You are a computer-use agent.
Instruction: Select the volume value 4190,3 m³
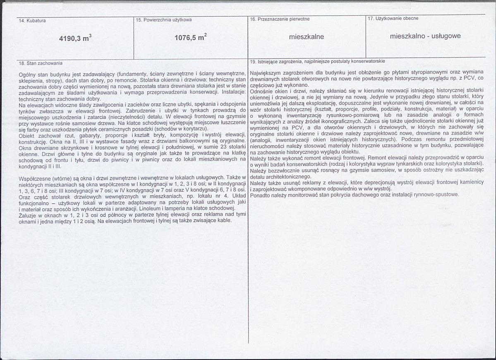click(75, 38)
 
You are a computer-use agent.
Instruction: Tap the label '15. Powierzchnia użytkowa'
click(164, 20)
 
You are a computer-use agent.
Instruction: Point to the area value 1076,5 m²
click(190, 37)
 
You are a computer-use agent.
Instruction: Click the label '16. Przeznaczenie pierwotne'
click(280, 19)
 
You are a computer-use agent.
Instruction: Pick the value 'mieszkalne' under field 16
click(307, 36)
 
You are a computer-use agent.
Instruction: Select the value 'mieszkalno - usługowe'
click(425, 36)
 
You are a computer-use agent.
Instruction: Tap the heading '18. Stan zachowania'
click(41, 63)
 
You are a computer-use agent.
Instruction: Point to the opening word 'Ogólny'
click(27, 73)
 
